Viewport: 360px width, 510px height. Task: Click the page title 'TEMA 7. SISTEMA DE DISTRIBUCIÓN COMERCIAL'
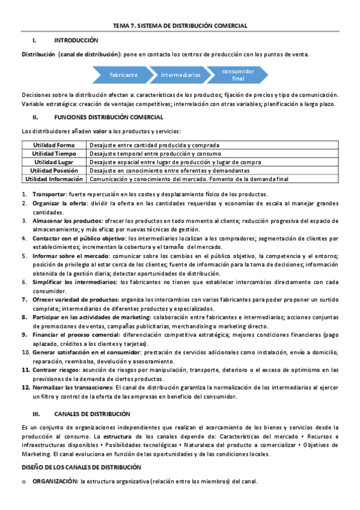click(x=180, y=26)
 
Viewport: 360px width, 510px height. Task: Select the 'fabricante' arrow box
click(x=124, y=75)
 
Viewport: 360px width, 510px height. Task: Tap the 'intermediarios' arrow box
click(x=180, y=75)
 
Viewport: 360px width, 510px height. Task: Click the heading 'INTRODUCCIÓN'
click(x=76, y=40)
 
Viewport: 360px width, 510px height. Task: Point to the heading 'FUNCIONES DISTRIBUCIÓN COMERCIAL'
click(x=105, y=117)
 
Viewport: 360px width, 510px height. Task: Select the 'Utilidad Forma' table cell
click(x=54, y=145)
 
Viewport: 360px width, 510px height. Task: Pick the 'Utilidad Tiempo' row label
click(x=54, y=153)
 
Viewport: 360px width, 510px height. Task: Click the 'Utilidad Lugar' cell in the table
click(x=54, y=162)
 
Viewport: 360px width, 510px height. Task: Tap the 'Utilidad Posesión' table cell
click(x=54, y=170)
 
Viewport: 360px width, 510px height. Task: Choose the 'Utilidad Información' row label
click(x=54, y=179)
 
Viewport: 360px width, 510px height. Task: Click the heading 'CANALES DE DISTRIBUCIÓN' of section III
click(x=92, y=414)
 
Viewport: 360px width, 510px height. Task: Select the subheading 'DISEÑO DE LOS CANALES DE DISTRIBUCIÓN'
click(x=81, y=467)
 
